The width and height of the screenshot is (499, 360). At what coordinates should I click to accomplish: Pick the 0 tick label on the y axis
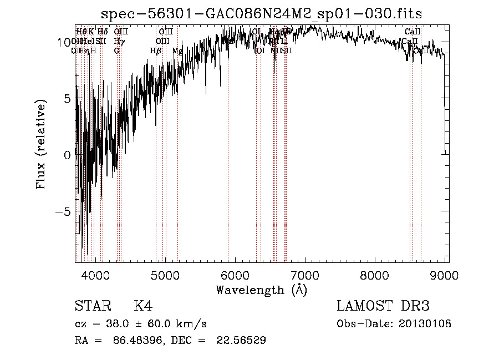pos(67,155)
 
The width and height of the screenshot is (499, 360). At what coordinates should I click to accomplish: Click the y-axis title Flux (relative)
pos(42,144)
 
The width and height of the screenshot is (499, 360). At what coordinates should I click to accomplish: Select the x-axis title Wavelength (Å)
pos(261,290)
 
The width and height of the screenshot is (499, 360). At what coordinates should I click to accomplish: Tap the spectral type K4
pos(143,306)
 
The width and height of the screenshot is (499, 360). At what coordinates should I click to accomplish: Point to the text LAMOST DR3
pos(383,306)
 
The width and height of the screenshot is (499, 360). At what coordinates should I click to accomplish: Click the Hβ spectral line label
pos(156,51)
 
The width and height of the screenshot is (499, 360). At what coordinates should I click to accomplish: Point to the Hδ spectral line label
pos(103,32)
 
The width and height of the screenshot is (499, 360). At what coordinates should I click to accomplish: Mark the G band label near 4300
pos(116,51)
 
